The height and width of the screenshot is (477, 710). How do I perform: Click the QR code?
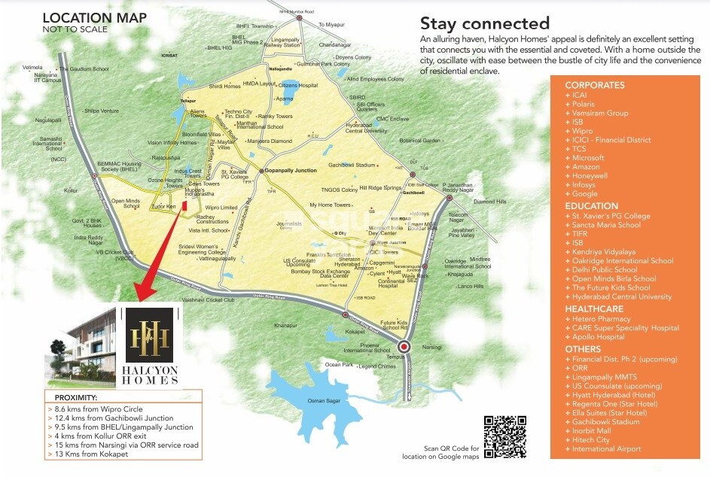click(x=504, y=436)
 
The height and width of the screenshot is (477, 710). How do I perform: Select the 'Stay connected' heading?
click(x=484, y=24)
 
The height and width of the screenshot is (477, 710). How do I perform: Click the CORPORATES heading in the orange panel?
click(x=595, y=86)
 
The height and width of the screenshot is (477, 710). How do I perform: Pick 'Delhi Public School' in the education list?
click(x=604, y=269)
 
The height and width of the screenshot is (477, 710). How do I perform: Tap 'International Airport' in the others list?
click(x=606, y=449)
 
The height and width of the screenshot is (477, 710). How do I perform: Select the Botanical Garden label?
click(x=419, y=140)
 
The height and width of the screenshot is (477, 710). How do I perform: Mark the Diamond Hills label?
click(x=489, y=202)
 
